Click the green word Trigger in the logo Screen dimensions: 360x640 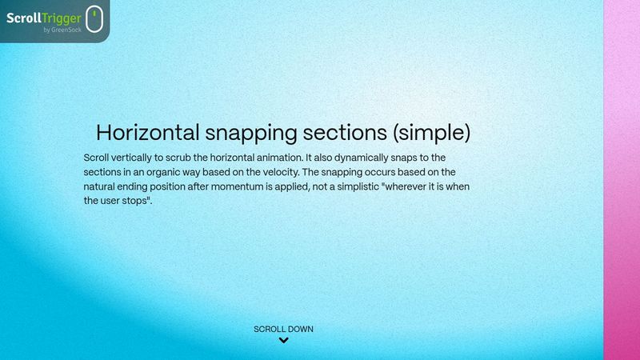63,15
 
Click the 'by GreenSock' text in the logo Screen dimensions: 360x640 62,30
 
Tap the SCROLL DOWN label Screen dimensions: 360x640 283,329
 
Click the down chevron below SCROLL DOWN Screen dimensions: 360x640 283,341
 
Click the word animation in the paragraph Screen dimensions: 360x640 278,158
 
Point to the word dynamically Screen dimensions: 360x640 370,158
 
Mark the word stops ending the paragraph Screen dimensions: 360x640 136,201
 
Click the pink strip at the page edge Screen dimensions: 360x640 622,180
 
